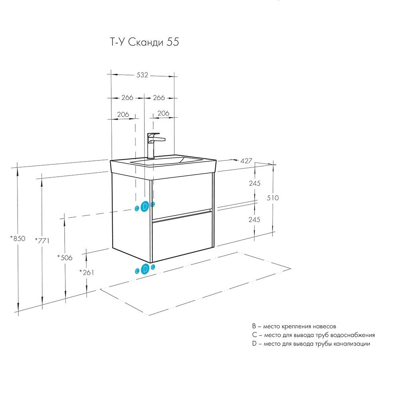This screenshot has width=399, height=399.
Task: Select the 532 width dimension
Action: tap(142, 75)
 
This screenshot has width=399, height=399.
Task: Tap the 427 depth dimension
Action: tap(246, 161)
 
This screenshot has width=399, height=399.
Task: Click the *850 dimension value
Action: tap(18, 239)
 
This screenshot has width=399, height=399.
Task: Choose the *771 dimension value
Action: tap(41, 240)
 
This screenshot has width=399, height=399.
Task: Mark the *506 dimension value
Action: tap(64, 258)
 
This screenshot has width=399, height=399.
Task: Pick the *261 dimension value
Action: tap(86, 273)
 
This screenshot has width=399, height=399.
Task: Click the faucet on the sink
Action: tap(154, 145)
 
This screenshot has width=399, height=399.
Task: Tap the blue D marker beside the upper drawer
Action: tap(145, 206)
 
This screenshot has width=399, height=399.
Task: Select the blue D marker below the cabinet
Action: tap(145, 269)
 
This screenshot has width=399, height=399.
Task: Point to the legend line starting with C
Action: tap(313, 335)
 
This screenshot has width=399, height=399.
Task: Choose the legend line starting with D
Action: tap(311, 344)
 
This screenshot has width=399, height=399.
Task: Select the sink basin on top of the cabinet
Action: tap(168, 162)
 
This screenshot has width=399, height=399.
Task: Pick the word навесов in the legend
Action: tap(331, 326)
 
